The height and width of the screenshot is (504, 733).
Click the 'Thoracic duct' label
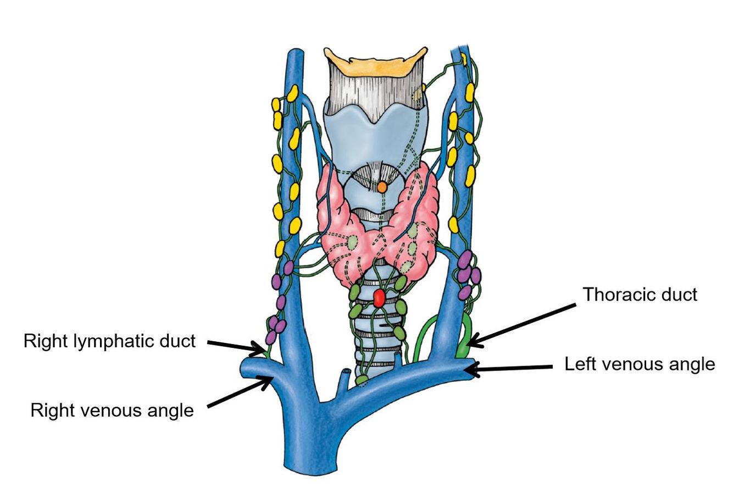(640, 295)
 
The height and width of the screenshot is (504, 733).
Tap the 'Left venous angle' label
(640, 364)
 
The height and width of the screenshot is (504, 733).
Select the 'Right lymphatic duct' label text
(109, 341)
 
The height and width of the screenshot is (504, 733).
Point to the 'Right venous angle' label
(112, 410)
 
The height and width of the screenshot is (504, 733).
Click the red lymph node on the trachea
(379, 297)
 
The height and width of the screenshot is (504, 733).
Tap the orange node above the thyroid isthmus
(382, 187)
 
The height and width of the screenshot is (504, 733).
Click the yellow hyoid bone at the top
(375, 60)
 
